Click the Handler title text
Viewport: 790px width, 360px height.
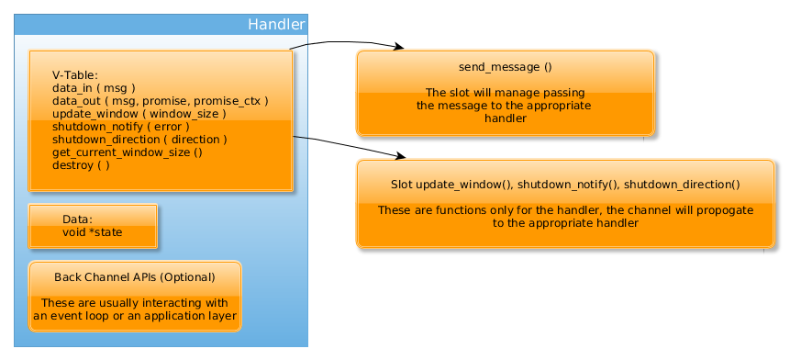click(x=276, y=25)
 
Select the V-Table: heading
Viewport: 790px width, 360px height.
click(x=75, y=75)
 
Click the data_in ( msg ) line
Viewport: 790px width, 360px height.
click(x=95, y=88)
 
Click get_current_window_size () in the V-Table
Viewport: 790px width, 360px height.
click(x=127, y=152)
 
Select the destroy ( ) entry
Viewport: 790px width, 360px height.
click(x=81, y=165)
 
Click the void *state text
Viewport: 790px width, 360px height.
click(x=92, y=232)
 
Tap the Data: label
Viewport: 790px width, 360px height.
click(x=77, y=219)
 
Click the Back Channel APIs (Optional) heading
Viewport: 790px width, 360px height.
click(x=135, y=276)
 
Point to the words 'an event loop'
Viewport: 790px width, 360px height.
click(x=73, y=316)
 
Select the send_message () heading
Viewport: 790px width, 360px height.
click(x=505, y=67)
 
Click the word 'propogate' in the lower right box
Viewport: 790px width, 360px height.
click(x=725, y=210)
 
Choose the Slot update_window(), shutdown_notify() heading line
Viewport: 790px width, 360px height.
click(x=559, y=185)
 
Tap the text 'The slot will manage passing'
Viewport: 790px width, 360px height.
click(x=505, y=93)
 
